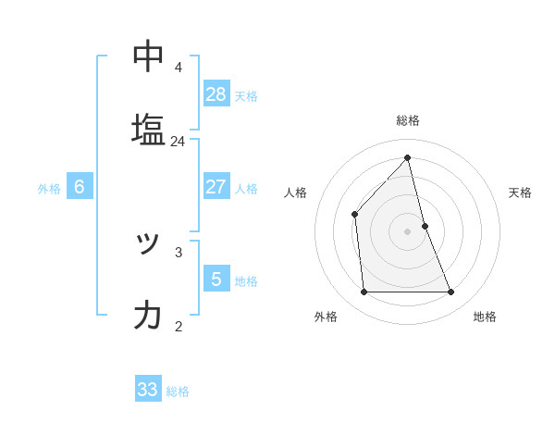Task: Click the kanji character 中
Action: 148,56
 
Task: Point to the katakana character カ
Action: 148,316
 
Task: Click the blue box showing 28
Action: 216,94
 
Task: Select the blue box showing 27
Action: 216,187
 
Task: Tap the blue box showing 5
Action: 216,279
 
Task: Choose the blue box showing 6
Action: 80,187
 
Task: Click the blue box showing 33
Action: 148,390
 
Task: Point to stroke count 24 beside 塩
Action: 178,142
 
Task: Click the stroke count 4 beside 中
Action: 178,67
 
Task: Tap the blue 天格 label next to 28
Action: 246,95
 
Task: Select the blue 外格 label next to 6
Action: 49,188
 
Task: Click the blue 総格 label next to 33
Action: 178,391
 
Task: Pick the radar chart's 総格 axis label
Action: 408,120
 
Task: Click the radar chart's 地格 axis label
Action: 485,317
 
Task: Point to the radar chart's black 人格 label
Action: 296,193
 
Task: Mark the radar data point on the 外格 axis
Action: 364,292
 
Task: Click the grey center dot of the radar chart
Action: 408,231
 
